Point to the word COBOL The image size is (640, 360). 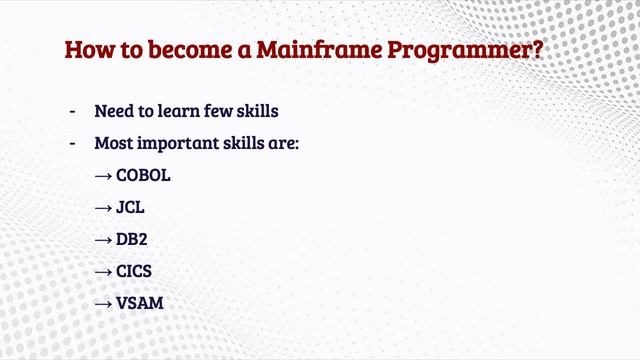coord(143,175)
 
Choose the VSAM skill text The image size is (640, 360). coord(140,303)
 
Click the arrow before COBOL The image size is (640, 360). coord(103,175)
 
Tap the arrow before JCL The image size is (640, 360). coord(103,207)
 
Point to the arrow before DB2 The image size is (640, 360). coord(103,239)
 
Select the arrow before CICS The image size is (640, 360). coord(103,271)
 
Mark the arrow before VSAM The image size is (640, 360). coord(103,303)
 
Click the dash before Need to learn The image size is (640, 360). coord(72,111)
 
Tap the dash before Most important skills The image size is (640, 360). coord(72,143)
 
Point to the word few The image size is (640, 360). coord(226,111)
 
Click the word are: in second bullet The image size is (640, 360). coord(283,143)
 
